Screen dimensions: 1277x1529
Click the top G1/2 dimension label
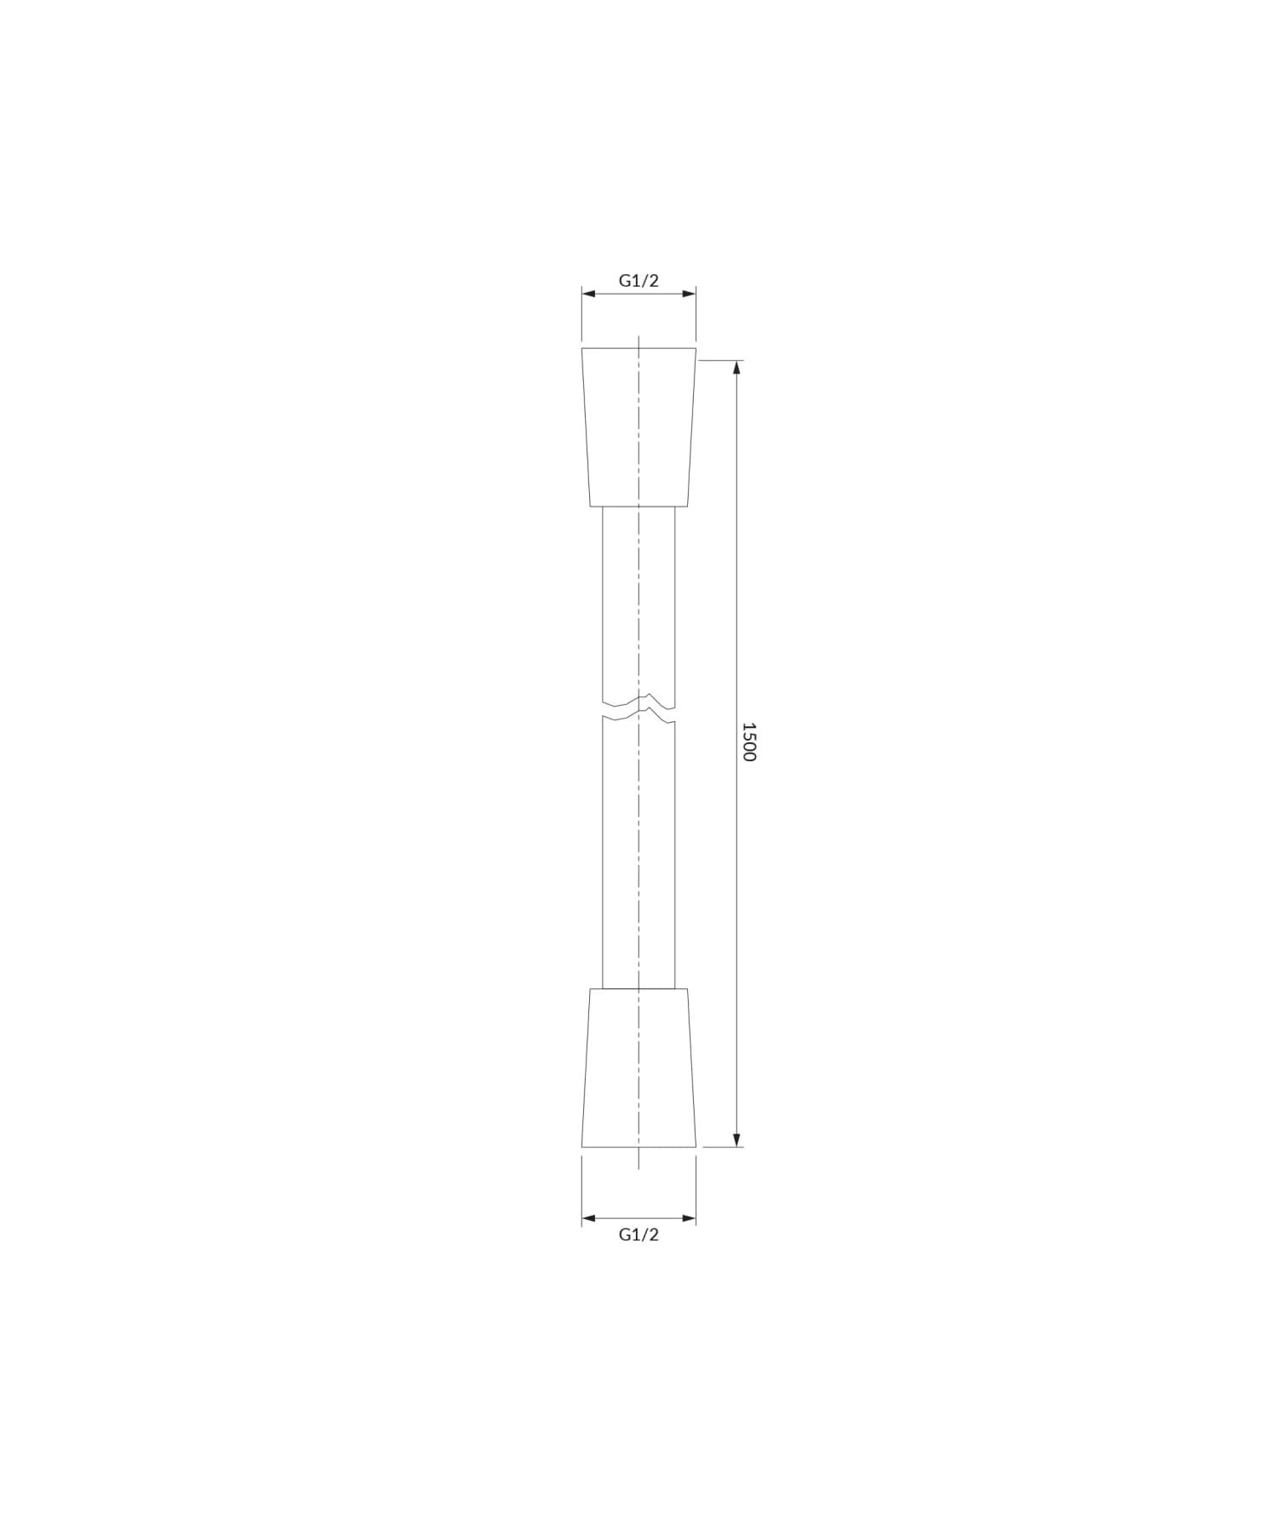(x=638, y=281)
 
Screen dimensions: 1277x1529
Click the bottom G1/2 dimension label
(x=638, y=1234)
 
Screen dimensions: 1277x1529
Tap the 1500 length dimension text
(x=748, y=742)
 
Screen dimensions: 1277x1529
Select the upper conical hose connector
(x=638, y=427)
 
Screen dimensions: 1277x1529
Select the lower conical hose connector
(x=638, y=1068)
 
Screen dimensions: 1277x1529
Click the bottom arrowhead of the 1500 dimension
(x=737, y=1139)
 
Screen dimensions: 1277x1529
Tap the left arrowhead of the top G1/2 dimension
(x=589, y=294)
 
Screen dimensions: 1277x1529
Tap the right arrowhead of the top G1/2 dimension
(x=688, y=294)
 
